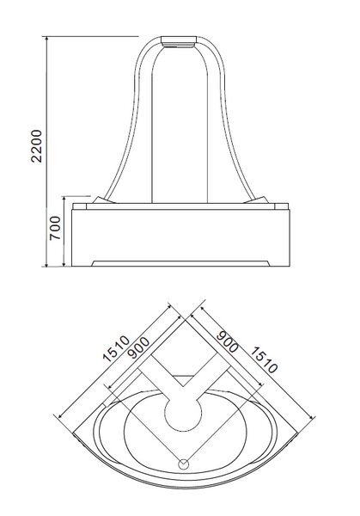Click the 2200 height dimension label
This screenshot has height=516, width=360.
point(36,146)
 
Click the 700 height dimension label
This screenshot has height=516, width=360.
point(55,228)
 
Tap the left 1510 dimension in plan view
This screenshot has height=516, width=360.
point(116,348)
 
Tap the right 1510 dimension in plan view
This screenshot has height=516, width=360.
point(264,360)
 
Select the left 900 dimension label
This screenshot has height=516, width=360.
point(138,347)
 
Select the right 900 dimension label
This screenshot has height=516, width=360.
point(227,341)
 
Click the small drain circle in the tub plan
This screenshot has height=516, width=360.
point(184,464)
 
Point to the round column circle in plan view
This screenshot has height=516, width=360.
point(183,414)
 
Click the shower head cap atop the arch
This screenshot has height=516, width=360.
point(179,41)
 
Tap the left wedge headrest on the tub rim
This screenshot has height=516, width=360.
point(102,200)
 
